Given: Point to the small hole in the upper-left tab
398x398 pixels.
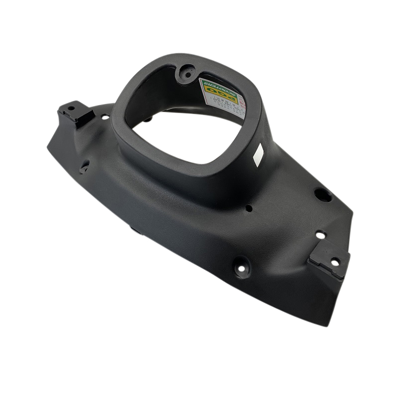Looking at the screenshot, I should (71, 108).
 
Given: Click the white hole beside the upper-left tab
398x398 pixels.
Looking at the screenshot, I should (105, 117).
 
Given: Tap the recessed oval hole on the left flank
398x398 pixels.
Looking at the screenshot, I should (85, 166).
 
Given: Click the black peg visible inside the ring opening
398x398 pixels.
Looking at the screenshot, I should (148, 119).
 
